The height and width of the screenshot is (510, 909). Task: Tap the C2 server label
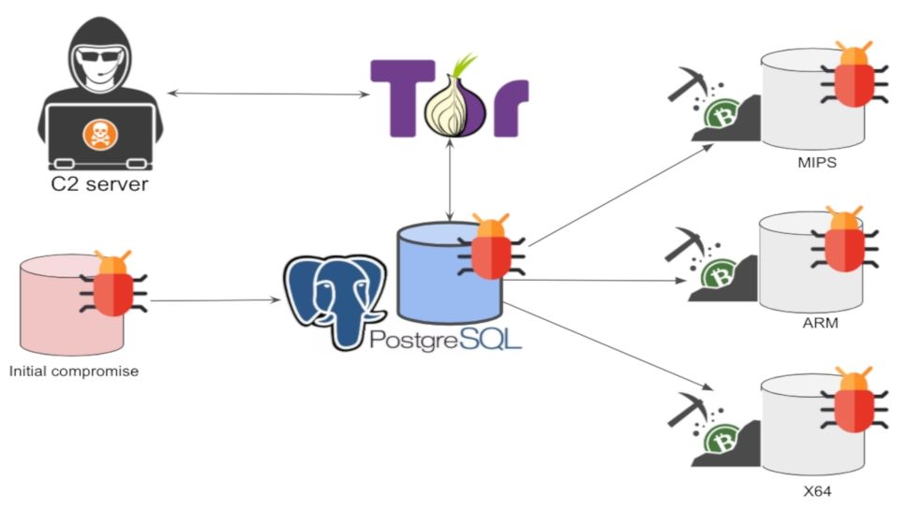(x=99, y=183)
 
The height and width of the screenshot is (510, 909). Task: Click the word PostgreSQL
(x=445, y=338)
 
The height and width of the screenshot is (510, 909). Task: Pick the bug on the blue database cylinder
(x=490, y=248)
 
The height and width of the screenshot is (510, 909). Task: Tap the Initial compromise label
(x=74, y=372)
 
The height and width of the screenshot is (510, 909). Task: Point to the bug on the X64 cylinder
(x=854, y=401)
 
